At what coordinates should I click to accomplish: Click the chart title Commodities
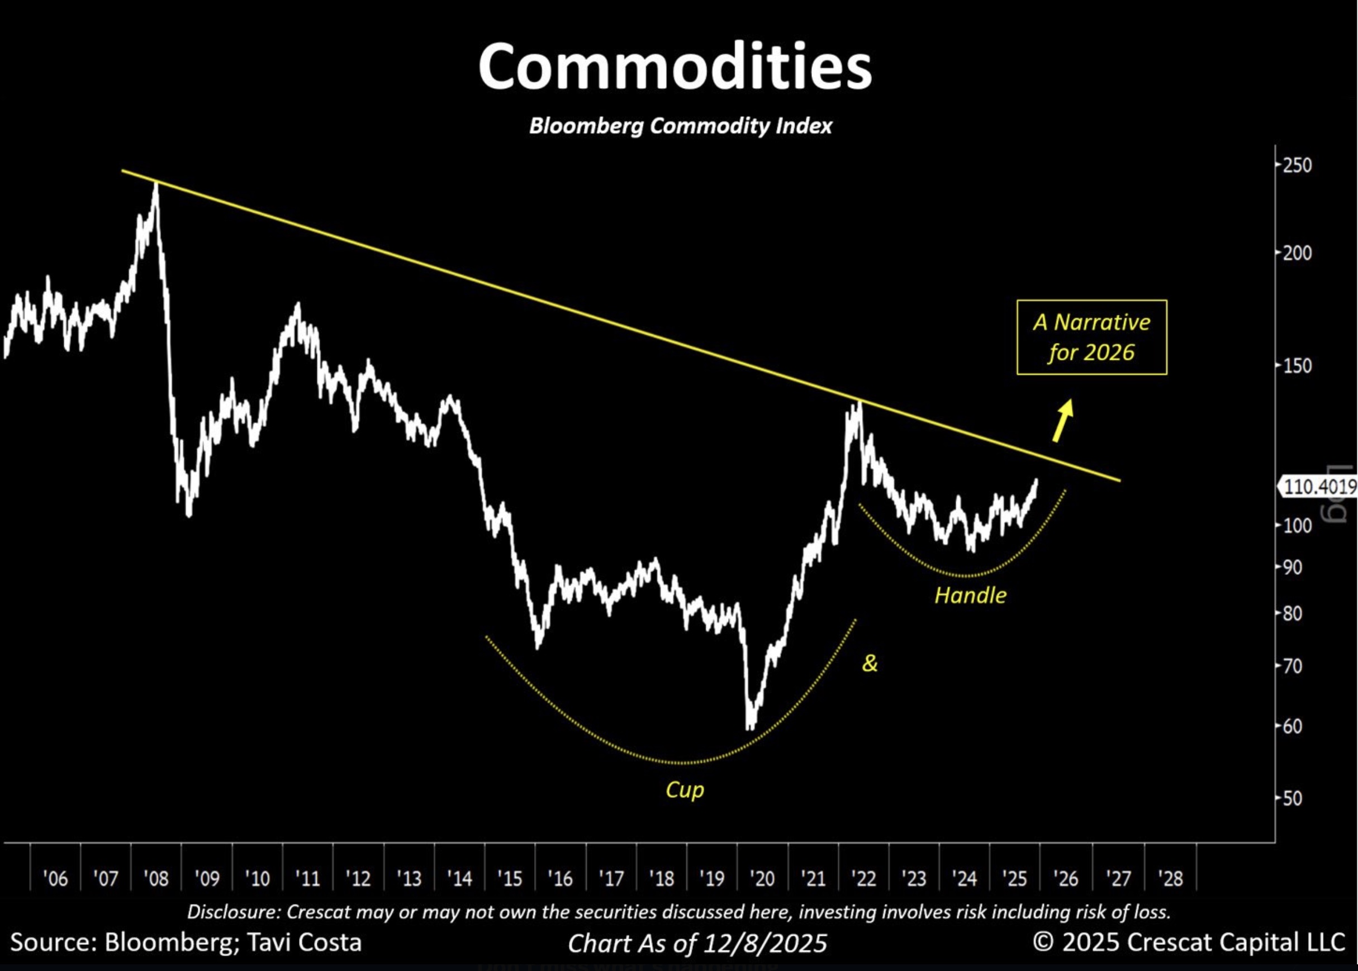click(x=675, y=67)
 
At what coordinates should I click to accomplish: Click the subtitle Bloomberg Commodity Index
click(x=680, y=126)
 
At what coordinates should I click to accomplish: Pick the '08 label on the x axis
click(x=156, y=878)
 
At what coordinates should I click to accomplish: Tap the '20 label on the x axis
click(x=762, y=878)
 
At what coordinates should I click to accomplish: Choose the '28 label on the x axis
click(x=1170, y=878)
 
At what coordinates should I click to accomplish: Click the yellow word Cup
click(x=685, y=790)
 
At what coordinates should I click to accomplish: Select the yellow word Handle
click(x=970, y=596)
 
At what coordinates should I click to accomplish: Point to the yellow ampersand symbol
click(x=870, y=663)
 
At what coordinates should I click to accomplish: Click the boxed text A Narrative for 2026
click(x=1091, y=337)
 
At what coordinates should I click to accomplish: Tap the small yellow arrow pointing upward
click(x=1062, y=420)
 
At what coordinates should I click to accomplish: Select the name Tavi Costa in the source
click(x=305, y=943)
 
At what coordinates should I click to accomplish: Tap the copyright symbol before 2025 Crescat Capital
click(x=1043, y=943)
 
